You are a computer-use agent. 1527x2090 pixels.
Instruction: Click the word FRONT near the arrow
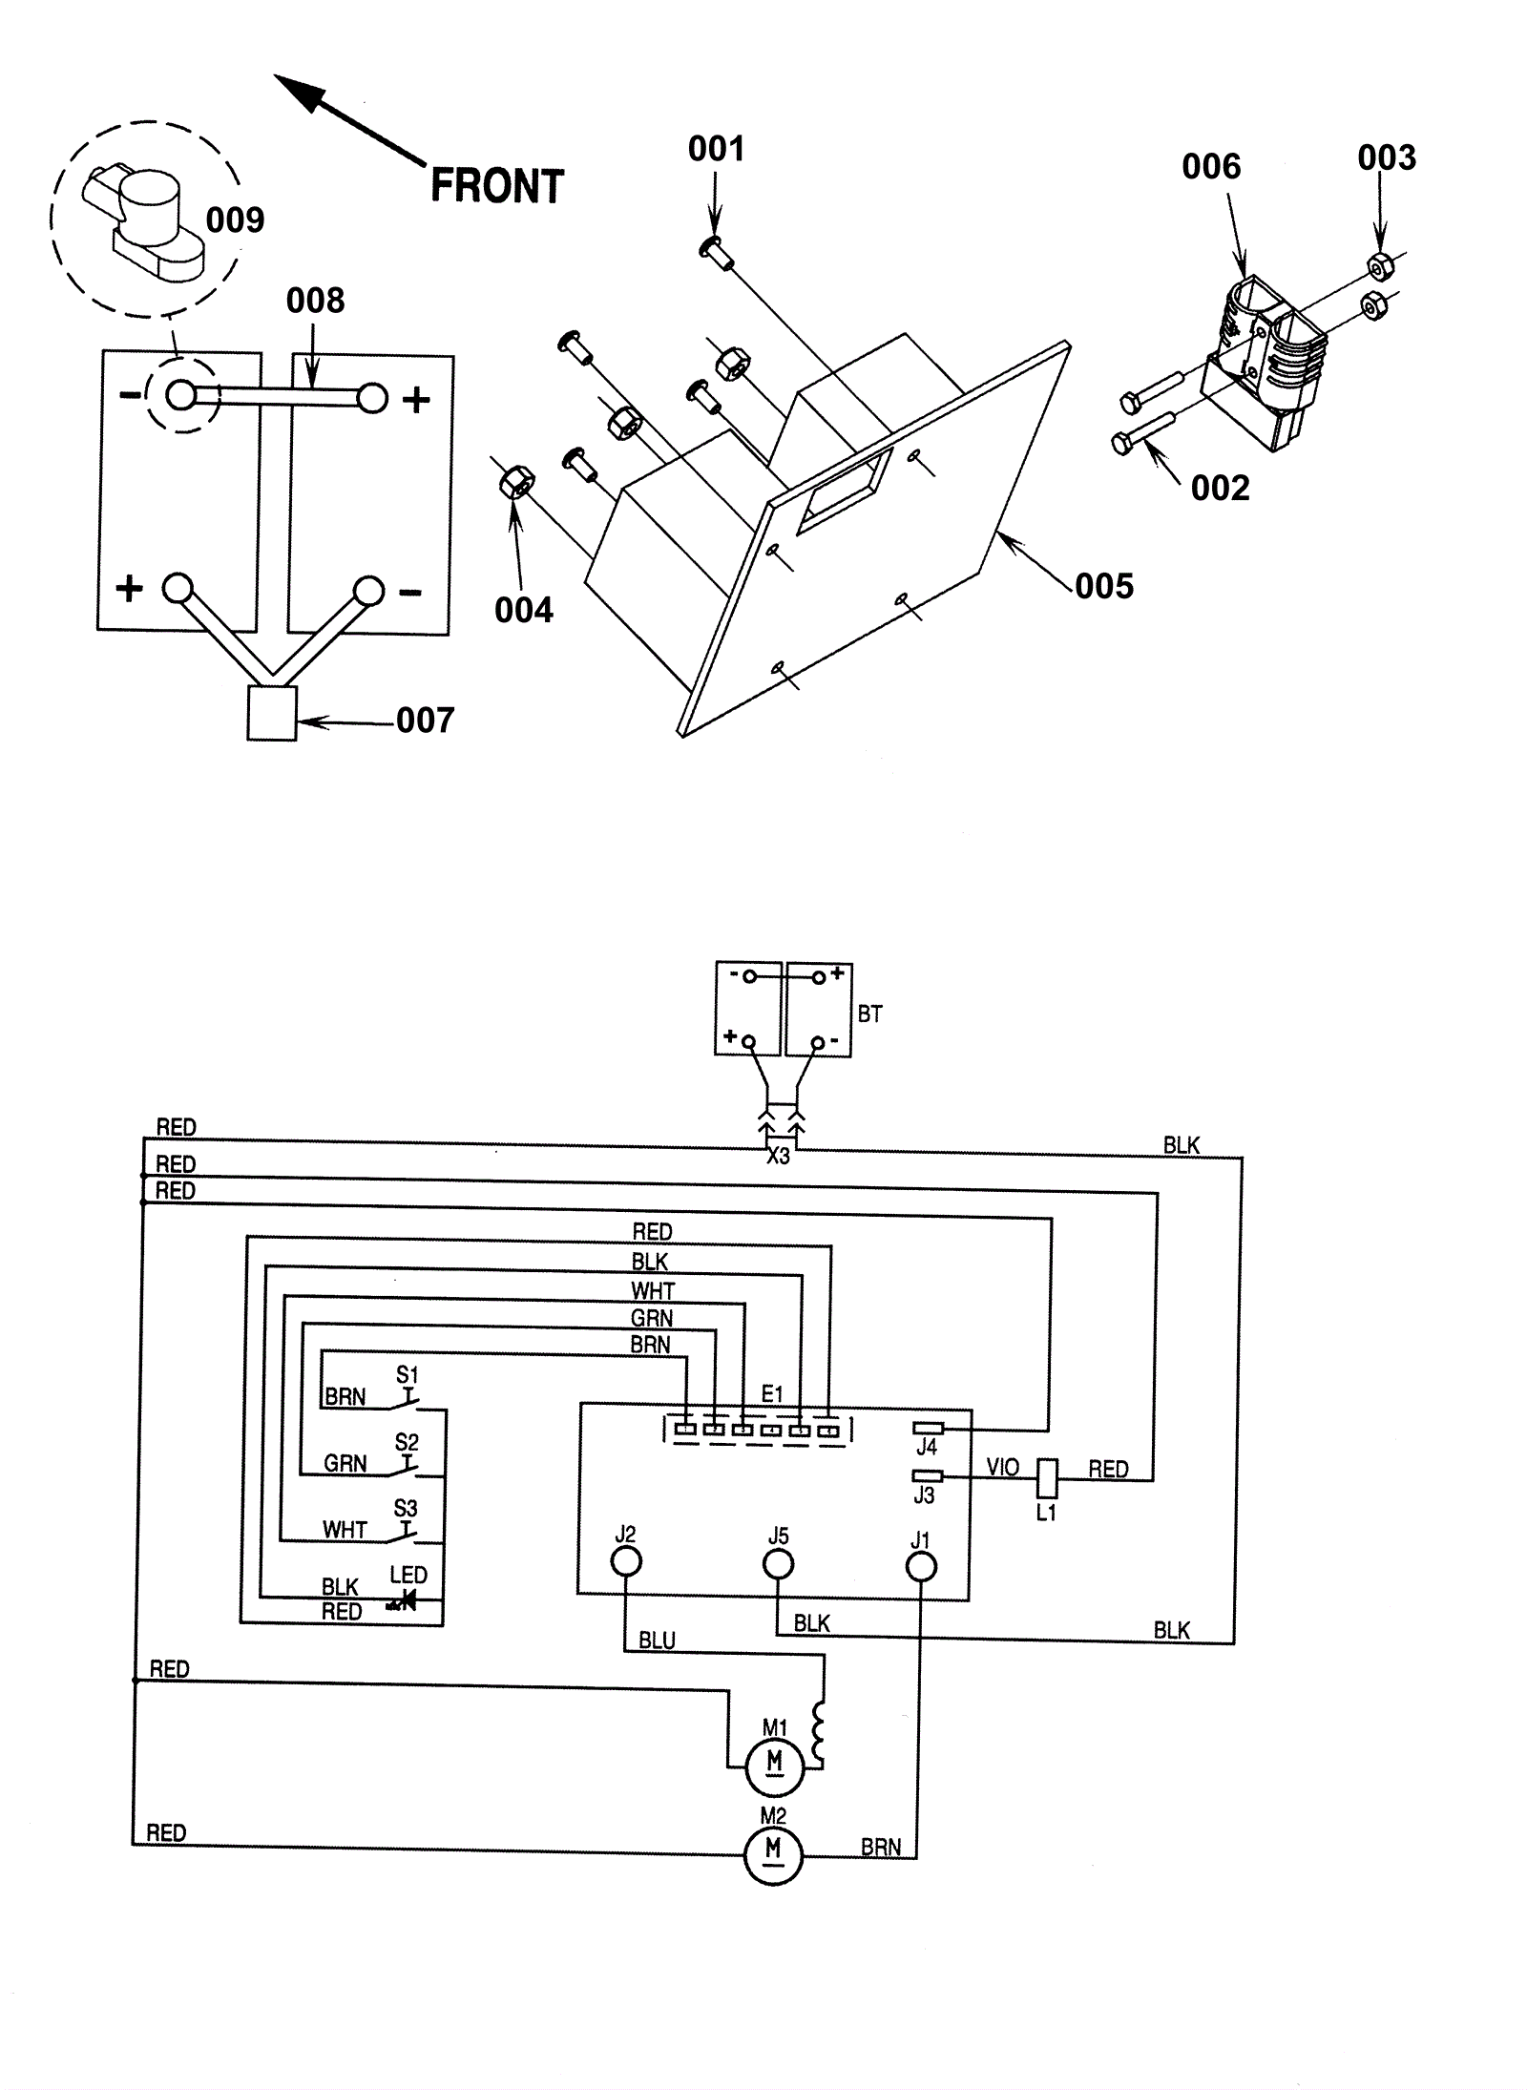(497, 186)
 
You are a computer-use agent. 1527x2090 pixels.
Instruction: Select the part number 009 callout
(235, 220)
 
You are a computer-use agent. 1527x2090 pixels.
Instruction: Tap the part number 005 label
(1104, 586)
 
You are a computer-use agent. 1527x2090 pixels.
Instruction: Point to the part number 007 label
(425, 720)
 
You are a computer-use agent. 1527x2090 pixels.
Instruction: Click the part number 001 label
(716, 149)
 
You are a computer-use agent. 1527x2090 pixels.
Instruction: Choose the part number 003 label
(1387, 157)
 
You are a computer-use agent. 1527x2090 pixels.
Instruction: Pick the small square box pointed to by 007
(272, 713)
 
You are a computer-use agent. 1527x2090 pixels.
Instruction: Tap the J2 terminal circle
(625, 1561)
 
